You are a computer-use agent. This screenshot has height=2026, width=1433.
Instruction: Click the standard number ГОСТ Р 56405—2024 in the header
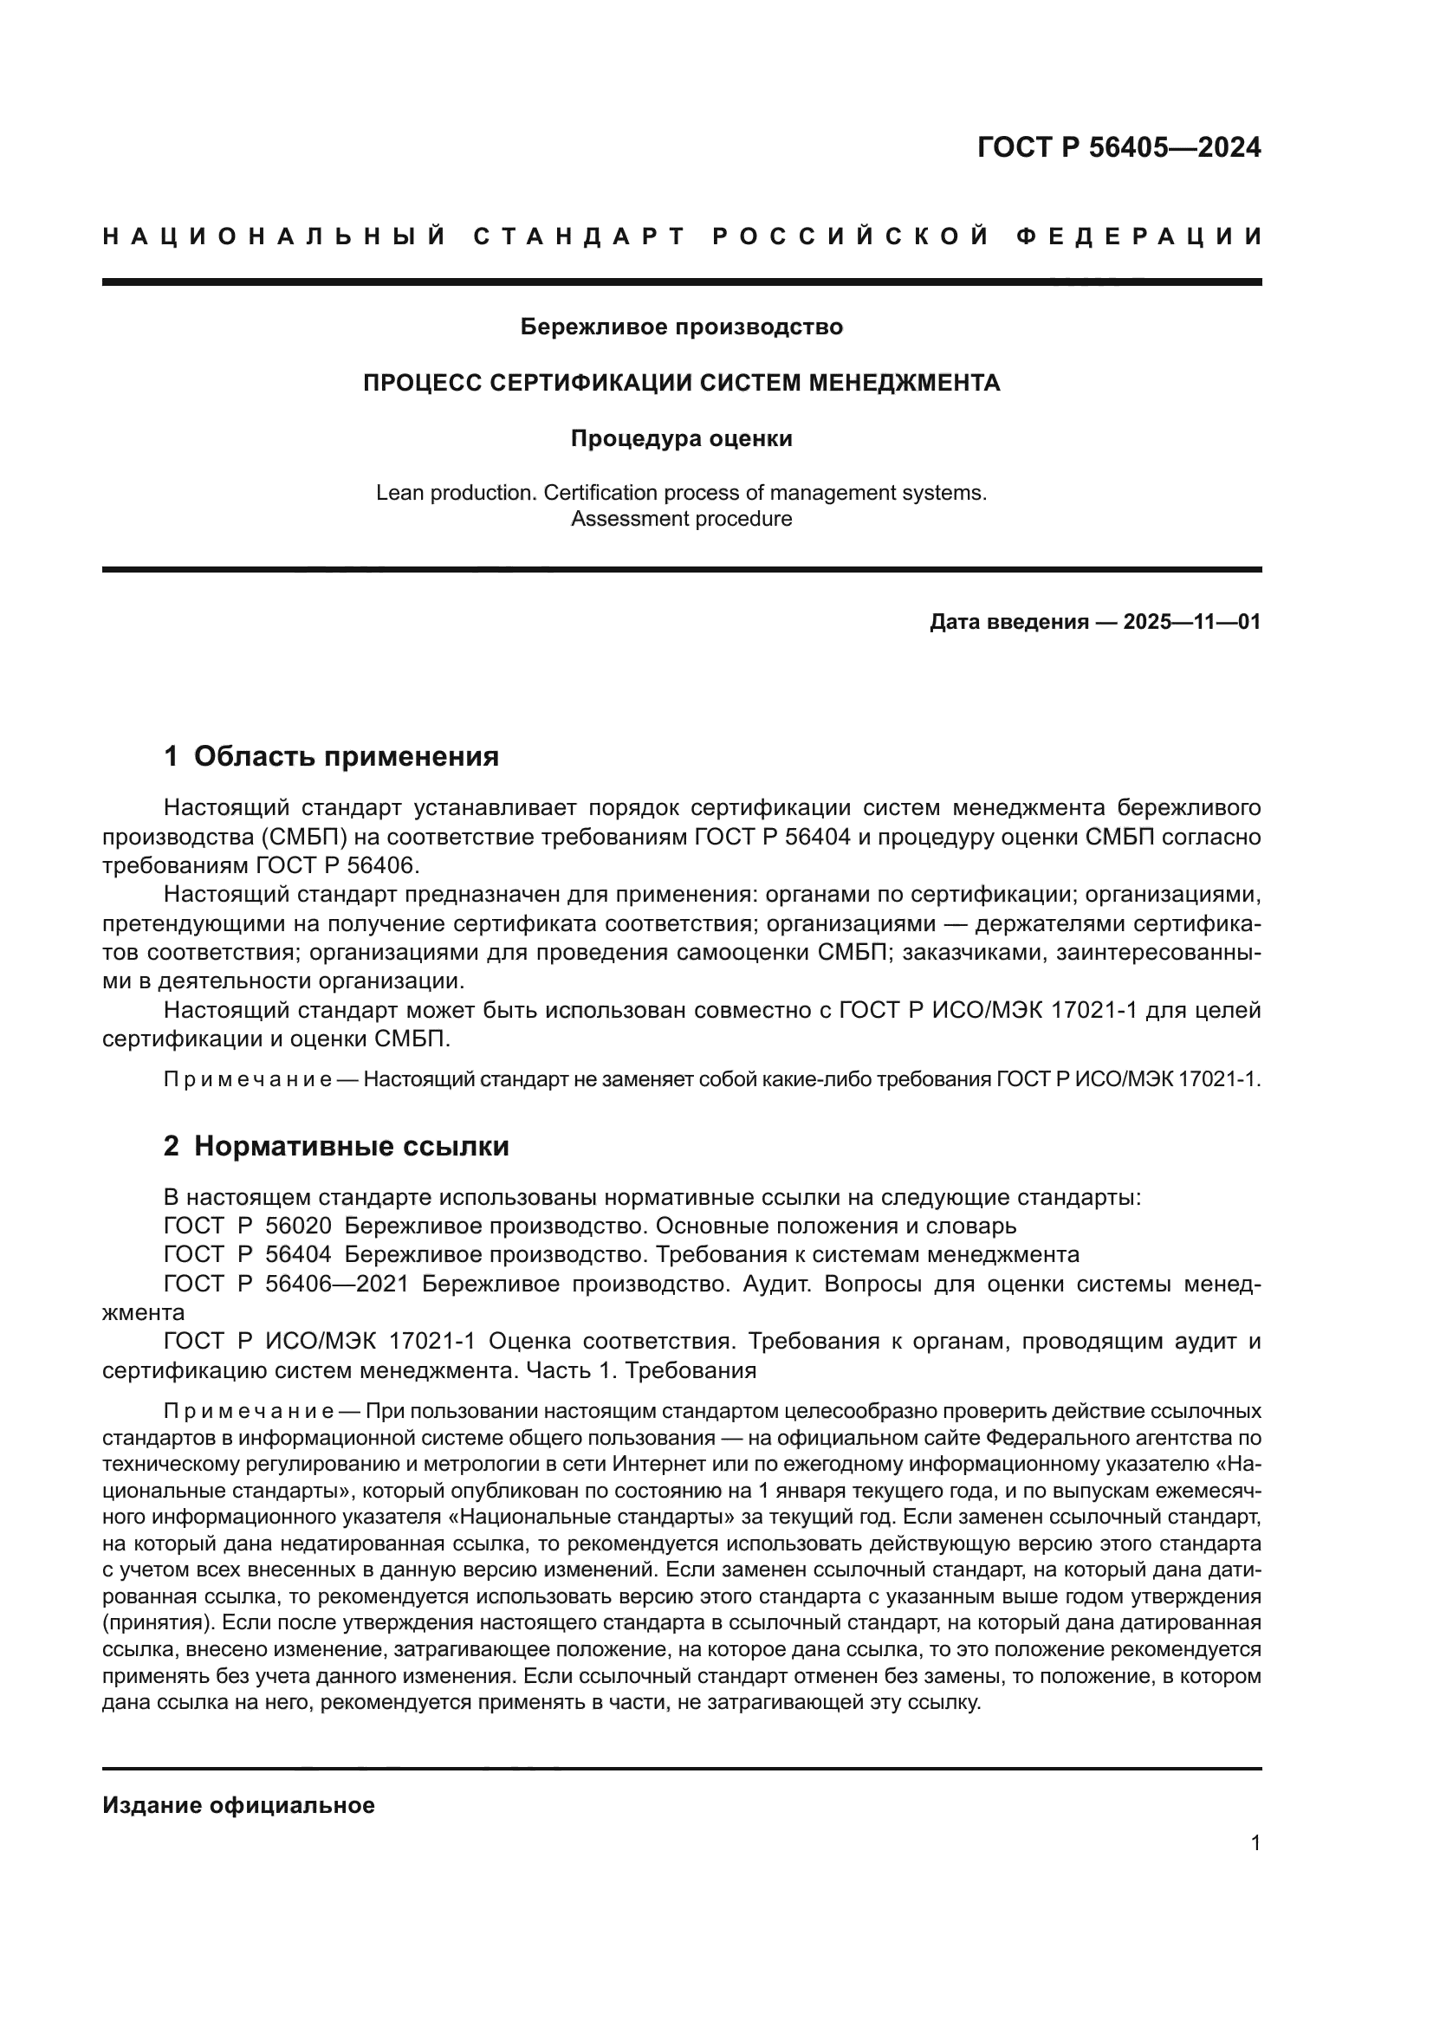[x=1119, y=147]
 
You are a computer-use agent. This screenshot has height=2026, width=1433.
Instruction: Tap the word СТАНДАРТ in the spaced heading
[x=579, y=236]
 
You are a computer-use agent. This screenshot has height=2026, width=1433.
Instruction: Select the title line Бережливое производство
[x=681, y=327]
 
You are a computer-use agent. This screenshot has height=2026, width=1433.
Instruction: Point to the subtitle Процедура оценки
[x=681, y=438]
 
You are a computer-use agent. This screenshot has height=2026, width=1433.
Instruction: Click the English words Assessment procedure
[x=681, y=519]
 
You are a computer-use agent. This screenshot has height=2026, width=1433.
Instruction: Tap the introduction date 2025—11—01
[x=1191, y=622]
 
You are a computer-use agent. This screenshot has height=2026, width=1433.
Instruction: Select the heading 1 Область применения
[x=332, y=756]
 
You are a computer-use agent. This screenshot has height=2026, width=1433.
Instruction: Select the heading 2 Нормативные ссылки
[x=336, y=1146]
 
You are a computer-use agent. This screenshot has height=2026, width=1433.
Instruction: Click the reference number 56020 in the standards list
[x=298, y=1227]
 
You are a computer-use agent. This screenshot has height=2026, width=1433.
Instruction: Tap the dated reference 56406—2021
[x=336, y=1284]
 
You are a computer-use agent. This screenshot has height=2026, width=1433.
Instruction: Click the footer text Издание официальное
[x=238, y=1805]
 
